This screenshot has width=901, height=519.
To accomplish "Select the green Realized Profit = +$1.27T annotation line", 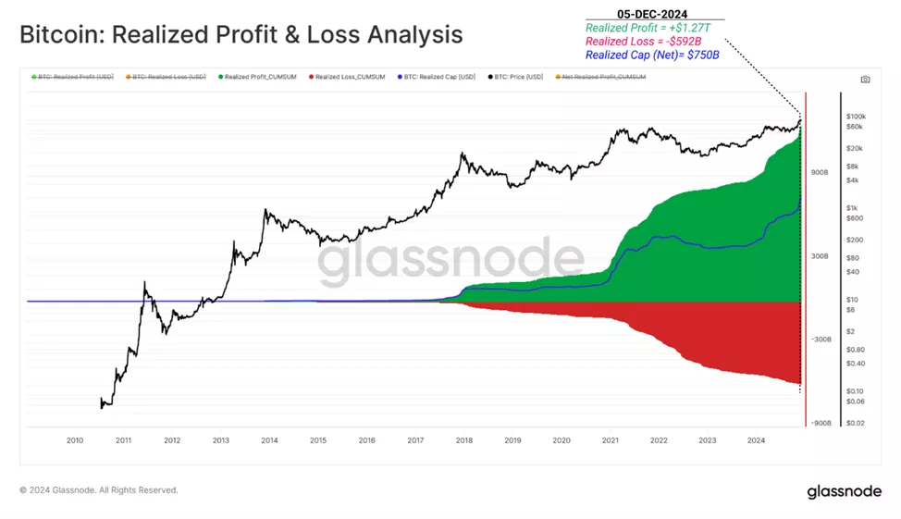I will (648, 28).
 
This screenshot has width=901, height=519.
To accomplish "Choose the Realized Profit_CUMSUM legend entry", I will (258, 77).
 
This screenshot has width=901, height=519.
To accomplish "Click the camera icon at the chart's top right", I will (865, 80).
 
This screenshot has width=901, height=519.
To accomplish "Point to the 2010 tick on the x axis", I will (76, 441).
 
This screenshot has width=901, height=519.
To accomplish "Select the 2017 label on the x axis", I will (415, 441).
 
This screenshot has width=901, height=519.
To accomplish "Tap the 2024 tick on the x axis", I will (755, 441).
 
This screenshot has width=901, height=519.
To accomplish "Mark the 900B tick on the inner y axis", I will (820, 173).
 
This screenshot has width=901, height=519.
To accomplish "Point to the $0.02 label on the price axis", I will (856, 423).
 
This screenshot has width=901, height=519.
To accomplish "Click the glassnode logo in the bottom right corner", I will (844, 491).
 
